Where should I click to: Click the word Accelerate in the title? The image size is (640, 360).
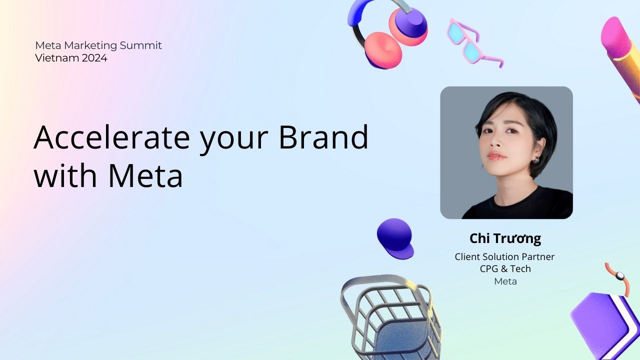pos(111,137)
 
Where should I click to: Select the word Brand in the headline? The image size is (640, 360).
pos(323,137)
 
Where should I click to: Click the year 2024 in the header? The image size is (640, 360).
pos(94,58)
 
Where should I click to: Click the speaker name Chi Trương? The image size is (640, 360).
pos(505,238)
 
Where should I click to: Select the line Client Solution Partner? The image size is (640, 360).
pos(504,256)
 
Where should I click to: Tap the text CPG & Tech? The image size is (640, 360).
pos(505,269)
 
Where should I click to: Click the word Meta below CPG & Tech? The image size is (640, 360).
pos(505,281)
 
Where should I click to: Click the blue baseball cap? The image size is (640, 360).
pos(395,238)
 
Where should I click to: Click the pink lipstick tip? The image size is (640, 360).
pos(614,34)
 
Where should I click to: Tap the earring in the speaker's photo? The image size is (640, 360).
pos(536,159)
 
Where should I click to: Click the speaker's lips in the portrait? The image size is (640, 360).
pos(497,156)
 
